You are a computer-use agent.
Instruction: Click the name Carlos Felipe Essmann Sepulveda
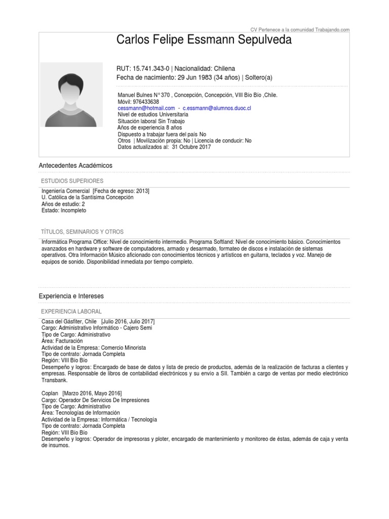click(204, 40)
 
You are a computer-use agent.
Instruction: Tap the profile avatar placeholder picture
click(68, 94)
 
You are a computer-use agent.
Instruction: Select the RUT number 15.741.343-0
click(151, 68)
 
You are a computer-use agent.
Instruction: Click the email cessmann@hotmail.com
click(146, 108)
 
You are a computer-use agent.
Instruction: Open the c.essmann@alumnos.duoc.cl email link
click(217, 108)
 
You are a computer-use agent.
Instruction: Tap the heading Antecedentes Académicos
click(75, 166)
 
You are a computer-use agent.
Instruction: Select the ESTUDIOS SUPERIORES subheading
click(72, 181)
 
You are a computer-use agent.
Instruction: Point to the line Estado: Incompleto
click(64, 210)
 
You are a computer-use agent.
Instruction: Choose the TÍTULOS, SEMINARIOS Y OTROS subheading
click(82, 232)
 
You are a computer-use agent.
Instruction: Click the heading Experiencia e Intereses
click(78, 295)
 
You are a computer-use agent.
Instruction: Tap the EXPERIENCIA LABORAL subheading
click(71, 311)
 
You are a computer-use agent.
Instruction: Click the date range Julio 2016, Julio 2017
click(128, 322)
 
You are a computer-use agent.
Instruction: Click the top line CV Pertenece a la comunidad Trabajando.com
click(300, 29)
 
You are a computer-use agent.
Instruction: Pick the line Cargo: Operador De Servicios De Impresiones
click(96, 400)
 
